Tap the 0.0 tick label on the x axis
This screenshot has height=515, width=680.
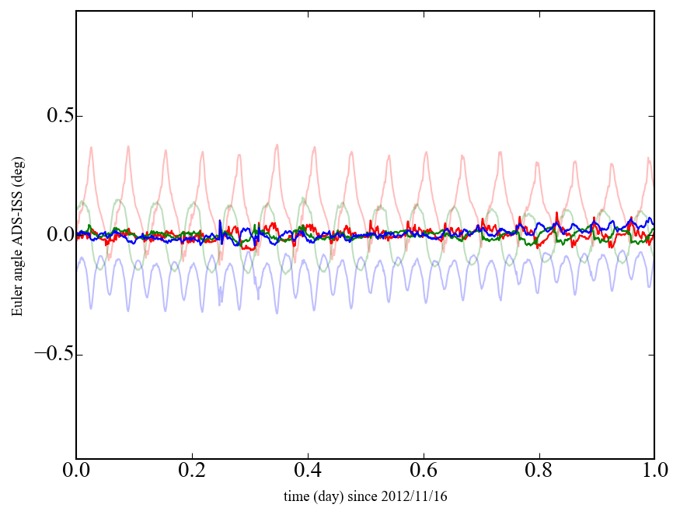tap(76, 471)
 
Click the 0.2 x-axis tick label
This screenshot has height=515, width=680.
tap(192, 471)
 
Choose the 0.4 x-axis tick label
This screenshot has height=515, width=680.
tap(308, 471)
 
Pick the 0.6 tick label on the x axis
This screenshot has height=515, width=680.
tap(424, 471)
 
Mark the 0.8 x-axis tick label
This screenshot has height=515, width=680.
tap(539, 471)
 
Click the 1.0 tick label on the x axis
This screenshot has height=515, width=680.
tap(654, 471)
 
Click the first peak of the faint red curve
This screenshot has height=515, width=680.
tap(91, 148)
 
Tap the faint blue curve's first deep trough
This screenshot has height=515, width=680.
tap(91, 308)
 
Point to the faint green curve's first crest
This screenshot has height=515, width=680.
tap(82, 201)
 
